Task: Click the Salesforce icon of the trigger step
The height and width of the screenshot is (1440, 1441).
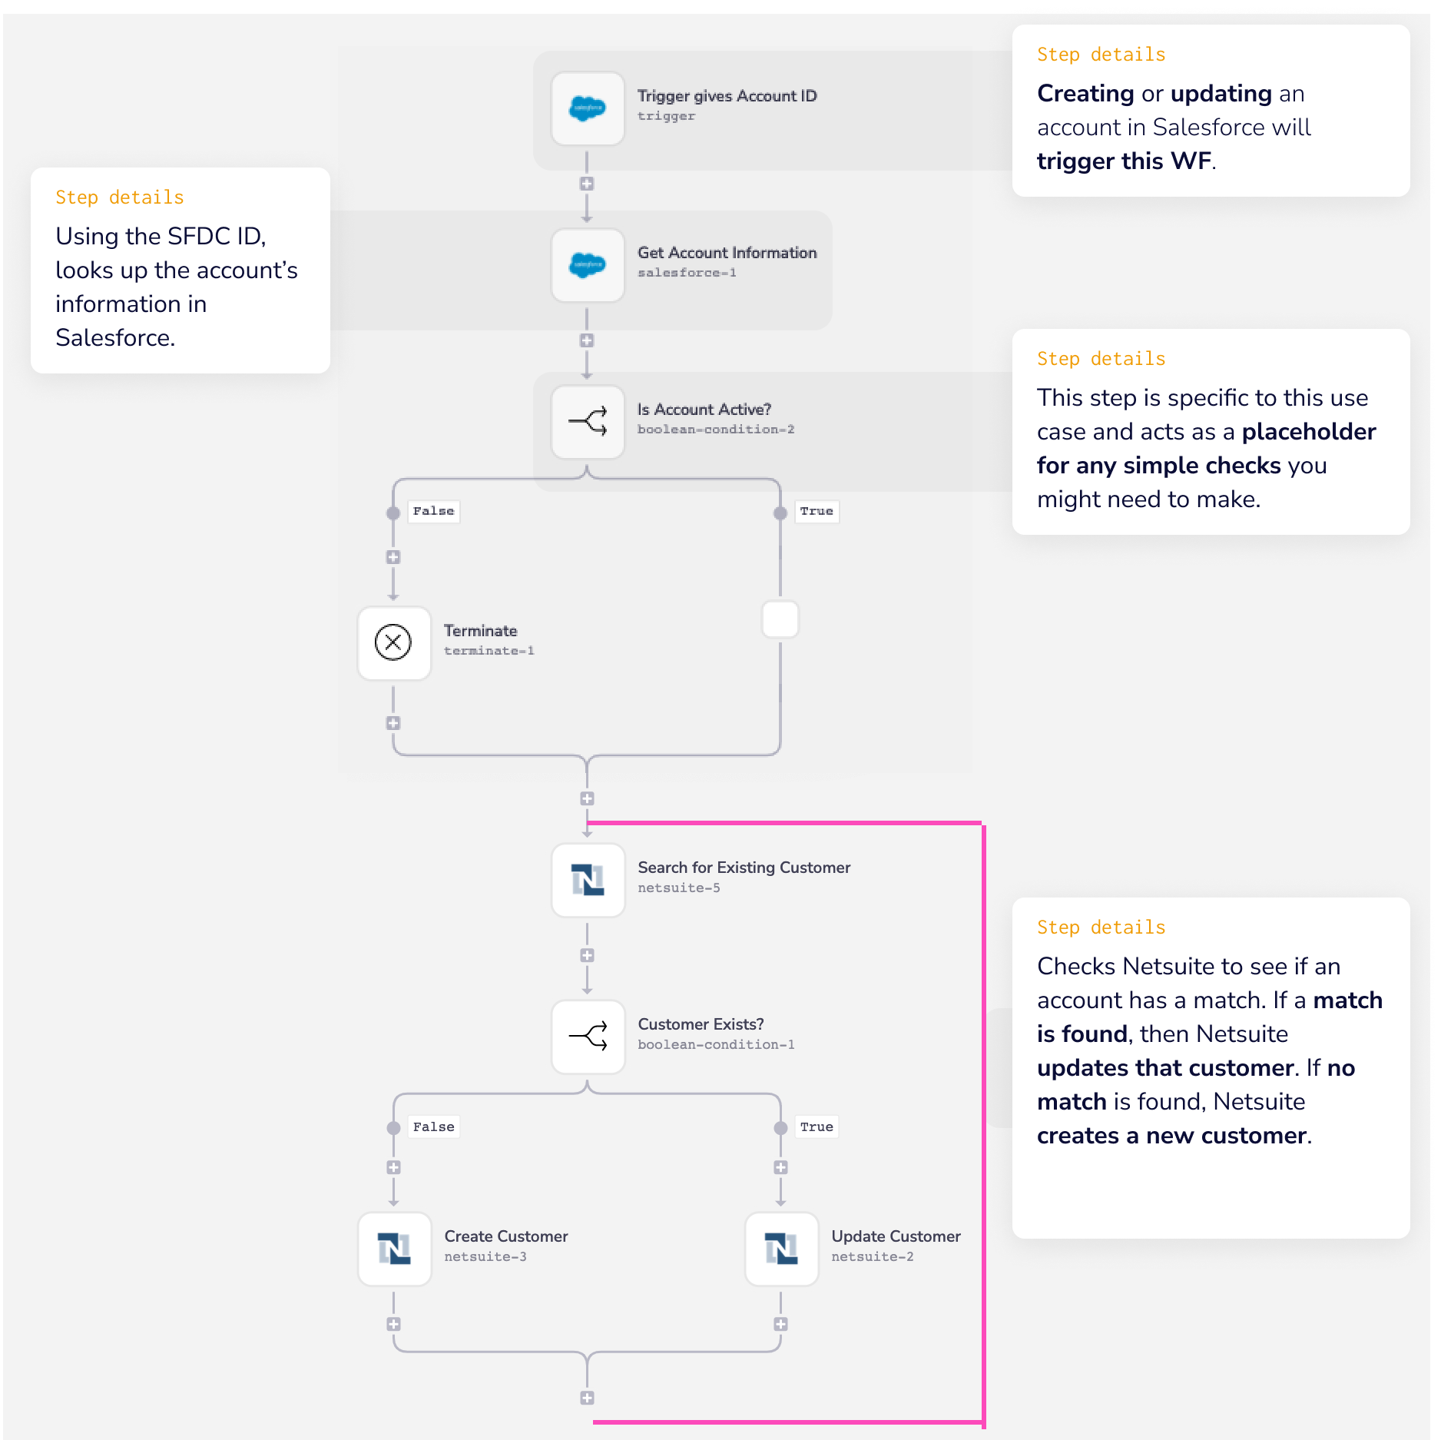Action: click(588, 108)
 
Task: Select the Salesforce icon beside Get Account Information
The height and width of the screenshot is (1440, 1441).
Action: click(588, 265)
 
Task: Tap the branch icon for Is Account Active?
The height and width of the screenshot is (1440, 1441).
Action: click(588, 421)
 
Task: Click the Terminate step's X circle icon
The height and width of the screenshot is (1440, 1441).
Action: click(393, 642)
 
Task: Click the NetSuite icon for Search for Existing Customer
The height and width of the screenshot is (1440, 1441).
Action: click(588, 880)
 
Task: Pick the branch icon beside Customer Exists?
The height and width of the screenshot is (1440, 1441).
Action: click(588, 1037)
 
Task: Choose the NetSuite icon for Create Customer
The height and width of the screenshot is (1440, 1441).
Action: click(394, 1249)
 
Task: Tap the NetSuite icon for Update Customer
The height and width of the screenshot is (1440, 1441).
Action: click(781, 1249)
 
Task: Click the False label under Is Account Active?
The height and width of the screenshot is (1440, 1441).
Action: click(433, 511)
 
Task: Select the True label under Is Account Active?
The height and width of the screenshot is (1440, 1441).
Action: click(816, 511)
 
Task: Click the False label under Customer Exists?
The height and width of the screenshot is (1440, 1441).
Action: click(433, 1126)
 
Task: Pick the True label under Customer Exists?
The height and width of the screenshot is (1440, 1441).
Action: click(816, 1126)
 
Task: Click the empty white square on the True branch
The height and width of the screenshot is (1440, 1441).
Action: click(780, 619)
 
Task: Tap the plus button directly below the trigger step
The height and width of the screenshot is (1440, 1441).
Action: click(587, 184)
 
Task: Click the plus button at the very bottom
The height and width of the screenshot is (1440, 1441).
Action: click(587, 1398)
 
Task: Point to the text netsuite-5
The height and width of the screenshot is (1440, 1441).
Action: click(679, 888)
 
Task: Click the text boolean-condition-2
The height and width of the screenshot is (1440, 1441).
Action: click(715, 430)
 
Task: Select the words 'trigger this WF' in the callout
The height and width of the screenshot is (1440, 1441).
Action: click(1124, 161)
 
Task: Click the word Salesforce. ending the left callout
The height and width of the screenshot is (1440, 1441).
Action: click(115, 338)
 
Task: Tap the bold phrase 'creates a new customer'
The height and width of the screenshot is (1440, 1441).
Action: click(1171, 1136)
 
